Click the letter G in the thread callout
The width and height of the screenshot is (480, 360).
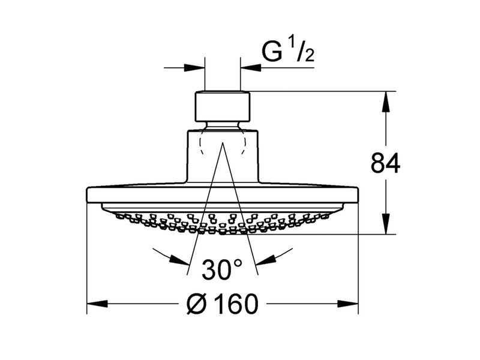[x=272, y=51]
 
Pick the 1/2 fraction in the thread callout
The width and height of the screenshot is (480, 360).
[x=302, y=52]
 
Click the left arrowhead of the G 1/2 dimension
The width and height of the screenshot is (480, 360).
[x=194, y=68]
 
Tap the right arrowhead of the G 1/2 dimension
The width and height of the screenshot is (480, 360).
[x=251, y=68]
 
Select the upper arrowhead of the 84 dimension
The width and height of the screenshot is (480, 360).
[x=385, y=101]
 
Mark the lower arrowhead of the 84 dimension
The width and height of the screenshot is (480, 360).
[x=385, y=224]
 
